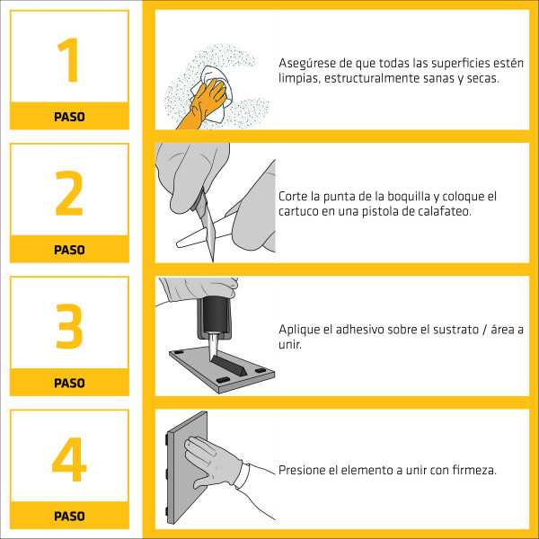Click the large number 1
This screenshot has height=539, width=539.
point(68,60)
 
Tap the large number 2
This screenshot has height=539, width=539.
point(69,193)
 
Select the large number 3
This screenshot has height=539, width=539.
point(69,325)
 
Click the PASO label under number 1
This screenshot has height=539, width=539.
point(69,117)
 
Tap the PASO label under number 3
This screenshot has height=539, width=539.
point(69,383)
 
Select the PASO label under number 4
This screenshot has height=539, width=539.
point(69,517)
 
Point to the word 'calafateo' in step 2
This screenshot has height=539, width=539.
point(441,211)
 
